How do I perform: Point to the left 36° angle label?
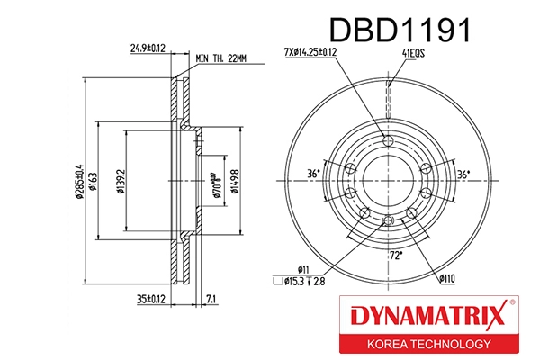pyautogui.click(x=313, y=174)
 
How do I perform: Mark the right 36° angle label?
pyautogui.click(x=463, y=174)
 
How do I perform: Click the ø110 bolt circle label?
pyautogui.click(x=448, y=280)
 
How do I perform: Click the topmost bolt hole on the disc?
pyautogui.click(x=388, y=140)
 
